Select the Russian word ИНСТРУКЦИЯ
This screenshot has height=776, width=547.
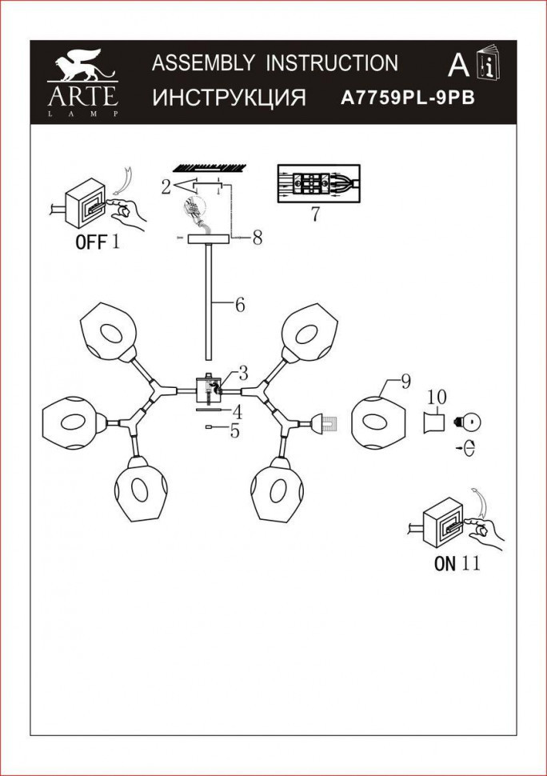[229, 98]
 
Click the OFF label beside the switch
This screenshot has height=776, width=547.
[90, 242]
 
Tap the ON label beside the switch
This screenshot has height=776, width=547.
[445, 563]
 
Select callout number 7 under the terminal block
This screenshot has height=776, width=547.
[314, 214]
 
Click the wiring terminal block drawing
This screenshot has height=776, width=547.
[317, 183]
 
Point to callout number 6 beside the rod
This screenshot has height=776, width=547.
[239, 305]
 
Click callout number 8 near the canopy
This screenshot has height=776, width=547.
[257, 238]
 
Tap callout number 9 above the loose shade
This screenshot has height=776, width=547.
[405, 382]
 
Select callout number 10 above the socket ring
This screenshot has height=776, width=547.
[436, 397]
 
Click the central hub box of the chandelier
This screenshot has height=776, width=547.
[210, 390]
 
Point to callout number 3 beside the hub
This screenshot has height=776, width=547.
[242, 372]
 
